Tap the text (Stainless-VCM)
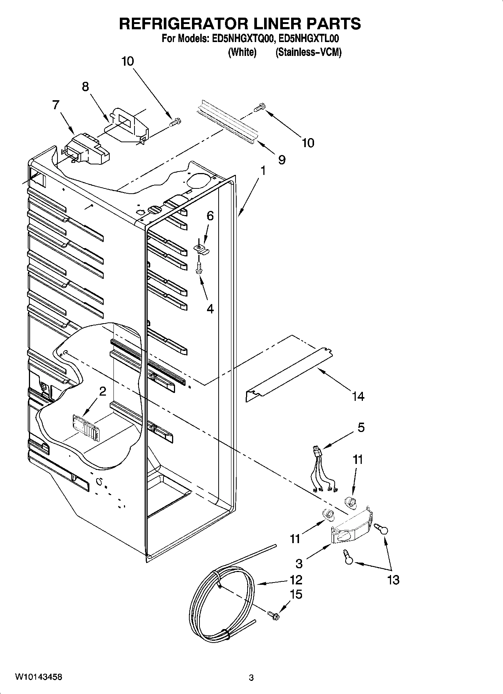tap(308, 53)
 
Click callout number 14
tap(358, 396)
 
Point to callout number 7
tap(56, 105)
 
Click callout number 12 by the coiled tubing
tap(296, 580)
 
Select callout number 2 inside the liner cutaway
tap(102, 391)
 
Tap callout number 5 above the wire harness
tap(361, 427)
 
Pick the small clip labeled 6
tap(202, 249)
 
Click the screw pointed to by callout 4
tap(199, 268)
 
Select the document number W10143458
tap(39, 677)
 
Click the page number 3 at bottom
tap(251, 678)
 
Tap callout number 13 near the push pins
tap(393, 580)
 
